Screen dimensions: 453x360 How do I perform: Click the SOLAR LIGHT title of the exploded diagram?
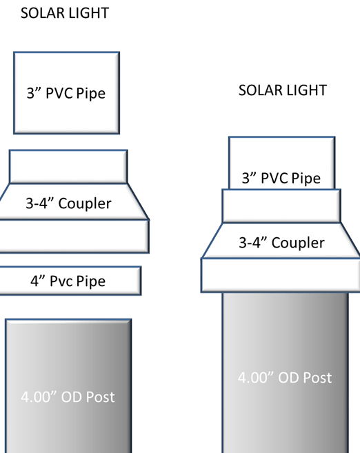point(65,13)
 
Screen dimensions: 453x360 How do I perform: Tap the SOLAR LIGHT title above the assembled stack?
point(283,90)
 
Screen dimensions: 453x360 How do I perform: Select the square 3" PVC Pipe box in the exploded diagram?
point(66,92)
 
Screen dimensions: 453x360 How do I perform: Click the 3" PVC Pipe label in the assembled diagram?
point(281,178)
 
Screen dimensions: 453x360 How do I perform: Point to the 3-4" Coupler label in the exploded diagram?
point(68,203)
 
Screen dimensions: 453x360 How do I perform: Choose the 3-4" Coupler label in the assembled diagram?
point(281,243)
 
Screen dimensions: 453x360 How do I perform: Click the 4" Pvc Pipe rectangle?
point(68,281)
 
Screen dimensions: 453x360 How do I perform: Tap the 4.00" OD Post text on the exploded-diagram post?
point(68,396)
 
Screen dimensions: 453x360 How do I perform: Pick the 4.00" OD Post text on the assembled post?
point(285,377)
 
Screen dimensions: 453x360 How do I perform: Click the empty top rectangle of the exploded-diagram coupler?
point(68,166)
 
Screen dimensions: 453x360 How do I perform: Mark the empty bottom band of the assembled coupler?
point(281,274)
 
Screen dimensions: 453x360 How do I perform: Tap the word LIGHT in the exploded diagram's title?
point(89,13)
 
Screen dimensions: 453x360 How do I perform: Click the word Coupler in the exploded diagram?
point(86,203)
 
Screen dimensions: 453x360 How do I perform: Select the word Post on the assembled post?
point(317,377)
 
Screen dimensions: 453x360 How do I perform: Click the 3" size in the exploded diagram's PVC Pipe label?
point(32,92)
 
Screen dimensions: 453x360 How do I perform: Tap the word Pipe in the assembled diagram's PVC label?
point(306,178)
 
